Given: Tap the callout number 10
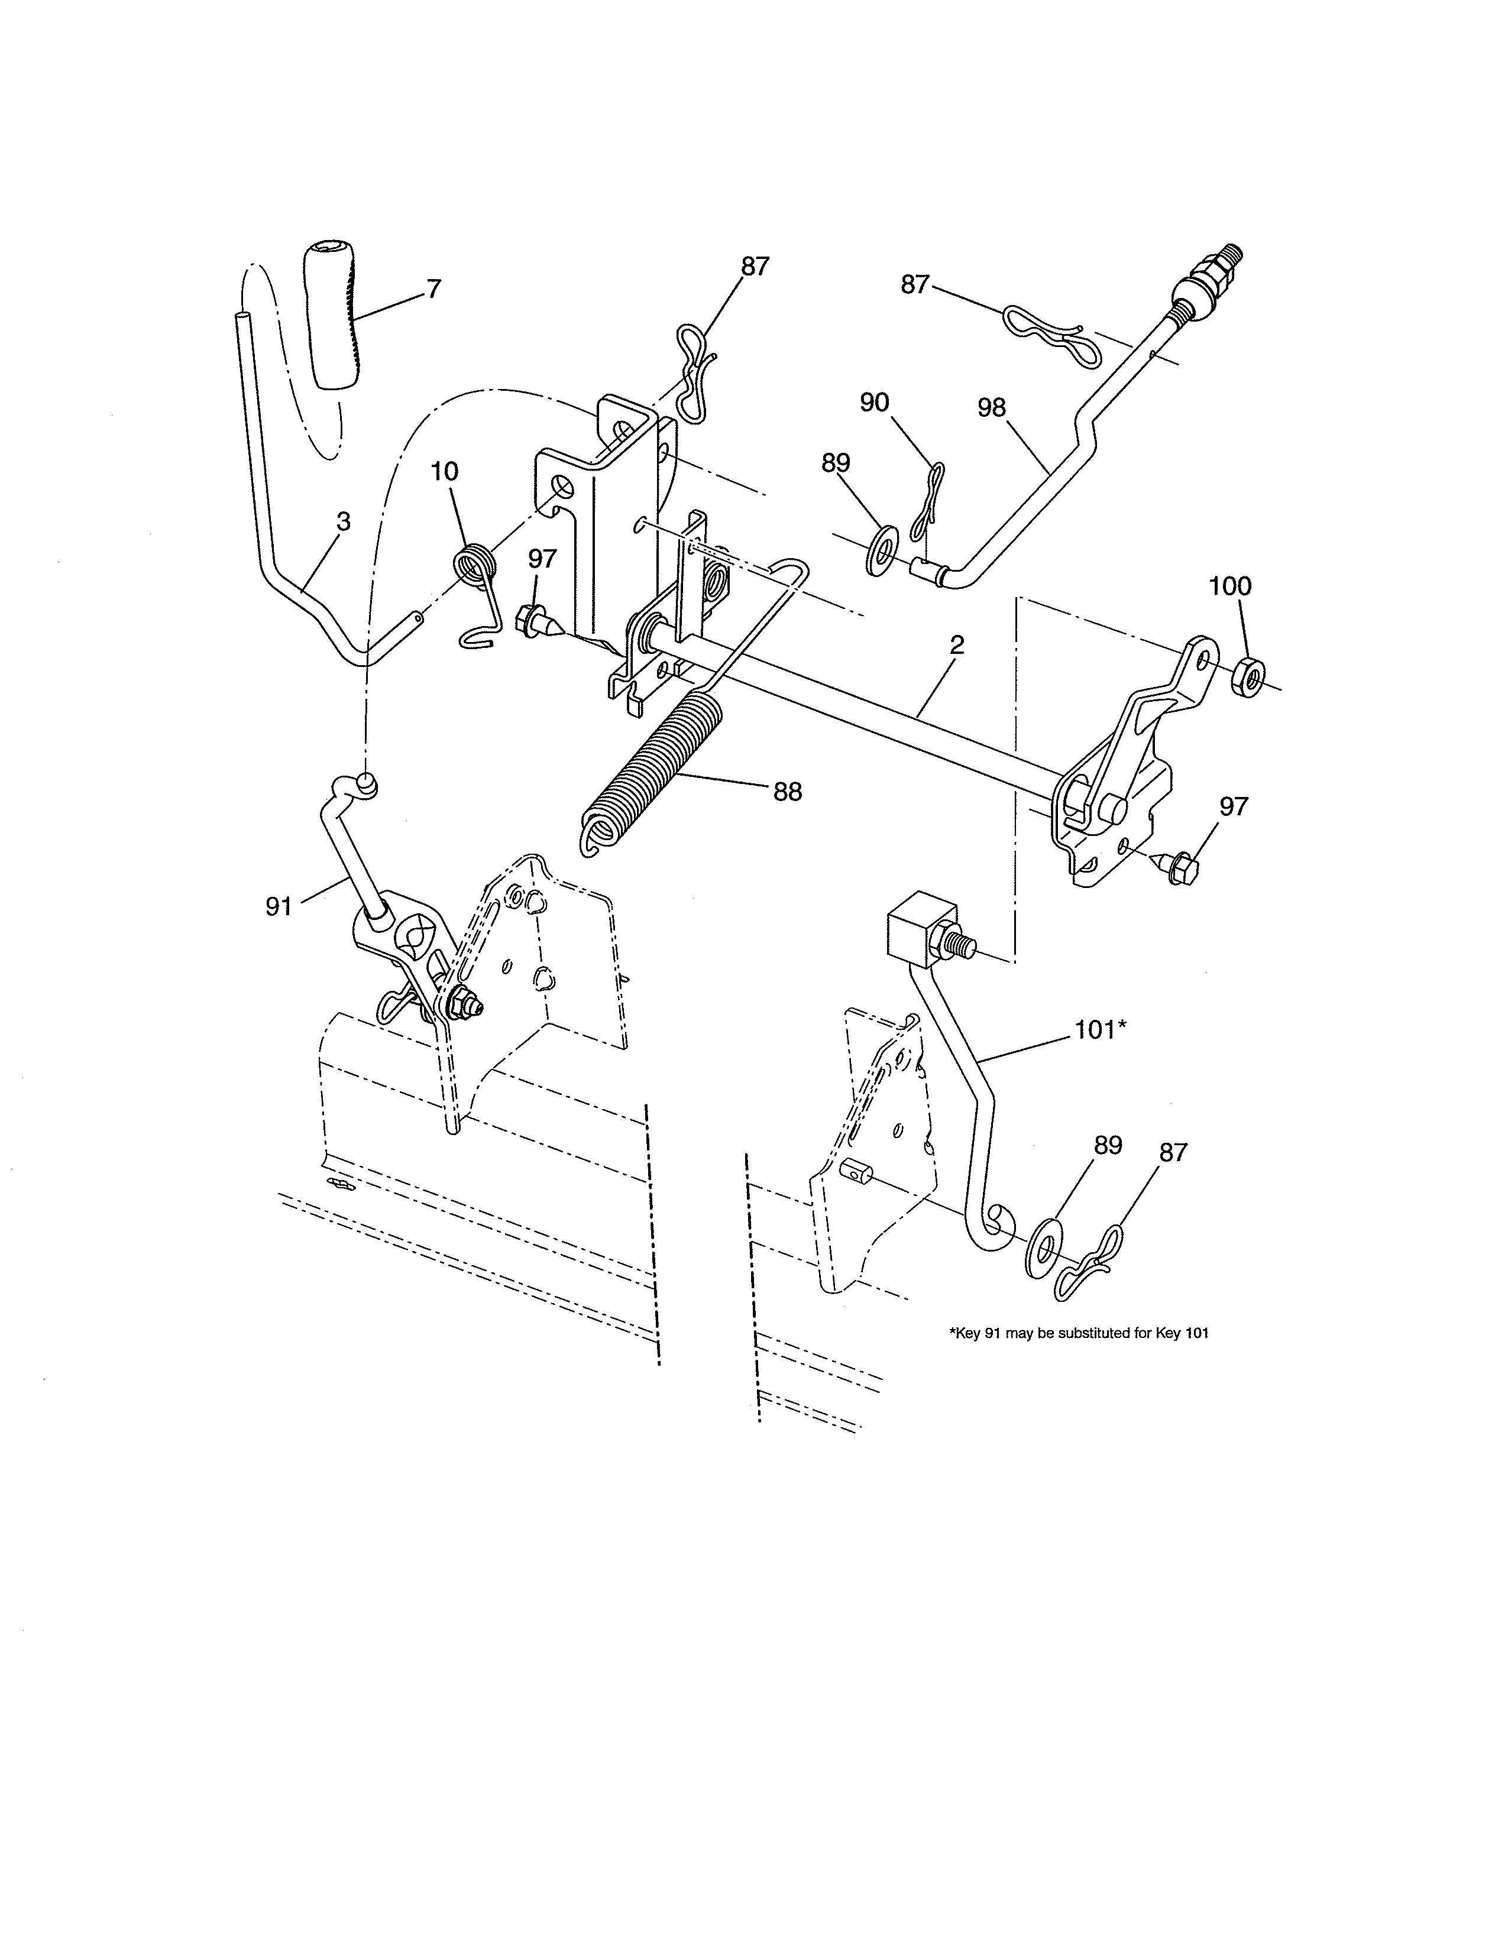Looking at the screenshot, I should [x=444, y=472].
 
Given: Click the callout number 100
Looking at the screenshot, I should [x=1230, y=587].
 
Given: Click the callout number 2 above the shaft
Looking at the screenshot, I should [x=957, y=646].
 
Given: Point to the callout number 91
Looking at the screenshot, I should [x=279, y=907].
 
